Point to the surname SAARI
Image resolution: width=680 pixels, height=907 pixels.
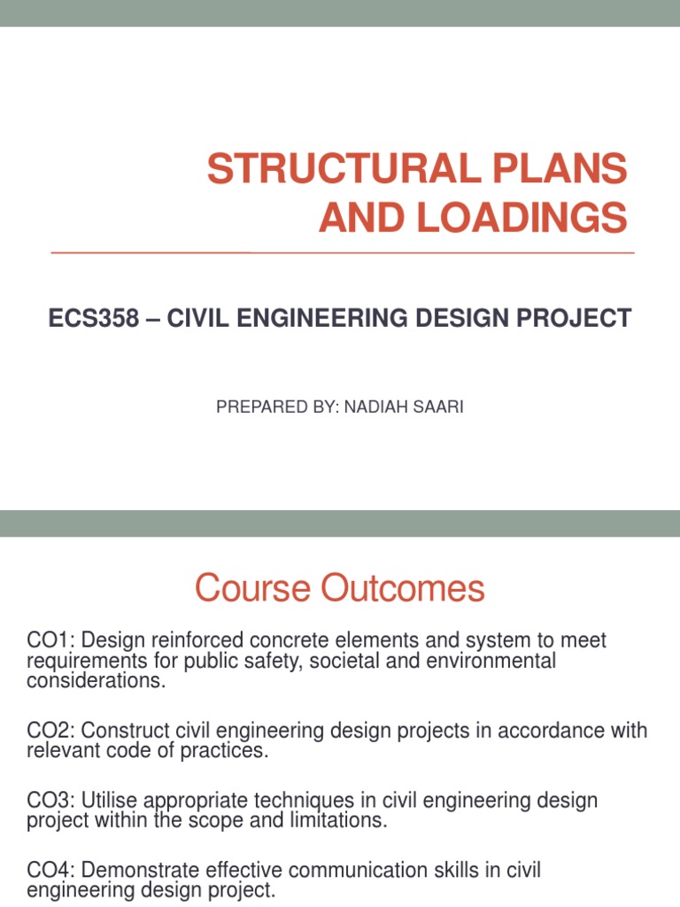tap(435, 408)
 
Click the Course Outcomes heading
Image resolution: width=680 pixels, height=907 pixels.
tap(339, 588)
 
